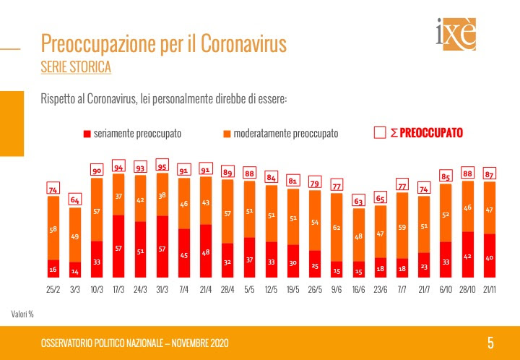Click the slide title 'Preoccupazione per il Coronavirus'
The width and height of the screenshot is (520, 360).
(x=164, y=44)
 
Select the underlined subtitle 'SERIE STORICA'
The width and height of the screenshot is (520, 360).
(x=77, y=68)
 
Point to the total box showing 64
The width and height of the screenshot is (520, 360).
(x=75, y=200)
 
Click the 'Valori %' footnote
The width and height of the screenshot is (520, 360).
(x=22, y=314)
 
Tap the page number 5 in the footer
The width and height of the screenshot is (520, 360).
(x=490, y=343)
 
